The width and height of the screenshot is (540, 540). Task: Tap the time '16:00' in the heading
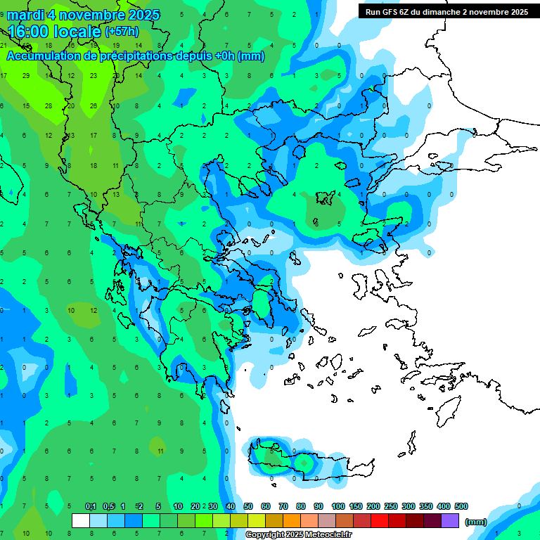[x=30, y=31]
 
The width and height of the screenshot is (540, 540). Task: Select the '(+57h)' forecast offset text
[x=122, y=32]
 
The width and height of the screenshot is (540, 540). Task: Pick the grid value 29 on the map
[x=26, y=75]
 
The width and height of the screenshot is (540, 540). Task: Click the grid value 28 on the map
[x=49, y=105]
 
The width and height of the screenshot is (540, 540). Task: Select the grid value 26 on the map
[x=94, y=105]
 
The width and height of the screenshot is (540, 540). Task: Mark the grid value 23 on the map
[x=94, y=75]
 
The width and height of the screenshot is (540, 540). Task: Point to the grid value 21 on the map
[x=4, y=46]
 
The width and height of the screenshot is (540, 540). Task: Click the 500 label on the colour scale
[x=461, y=506]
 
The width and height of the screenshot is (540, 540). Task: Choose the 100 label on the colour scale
[x=338, y=506]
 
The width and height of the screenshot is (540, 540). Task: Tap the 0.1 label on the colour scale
[x=91, y=506]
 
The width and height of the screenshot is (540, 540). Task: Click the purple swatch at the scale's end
[x=450, y=520]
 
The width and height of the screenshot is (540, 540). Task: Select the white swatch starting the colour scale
[x=81, y=520]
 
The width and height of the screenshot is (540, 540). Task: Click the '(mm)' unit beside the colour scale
[x=476, y=522]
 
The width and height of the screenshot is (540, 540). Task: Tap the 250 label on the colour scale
[x=391, y=506]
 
